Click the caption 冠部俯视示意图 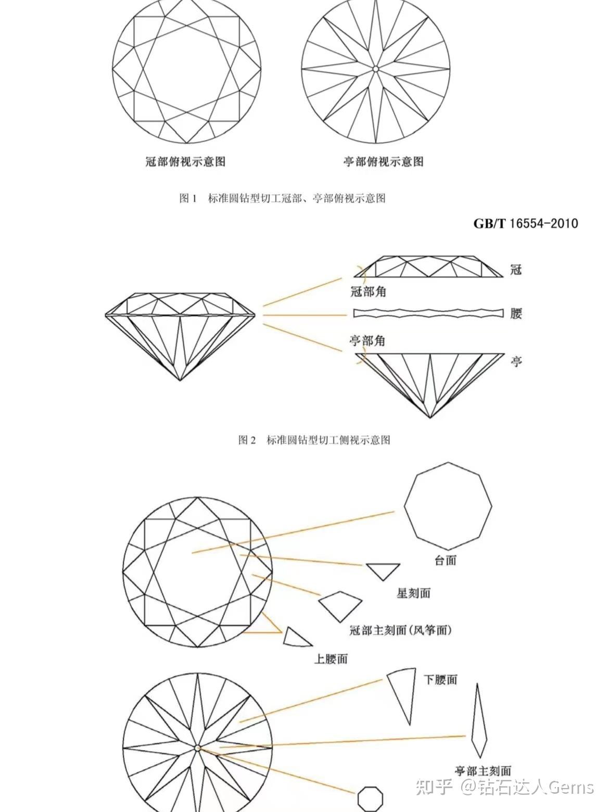(185, 162)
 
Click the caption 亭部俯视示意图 (384, 162)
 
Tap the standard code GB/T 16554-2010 (525, 224)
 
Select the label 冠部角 (368, 292)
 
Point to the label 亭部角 (367, 340)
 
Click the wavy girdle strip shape (428, 313)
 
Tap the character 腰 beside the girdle (516, 314)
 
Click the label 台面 (446, 560)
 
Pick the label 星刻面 (414, 593)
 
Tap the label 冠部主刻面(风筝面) (401, 630)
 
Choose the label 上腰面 (331, 658)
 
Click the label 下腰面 (441, 680)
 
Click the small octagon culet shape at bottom (370, 799)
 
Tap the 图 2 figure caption (314, 440)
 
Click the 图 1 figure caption (283, 198)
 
